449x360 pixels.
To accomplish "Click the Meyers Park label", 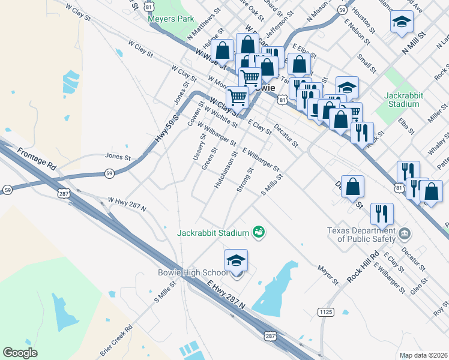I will click(171, 19).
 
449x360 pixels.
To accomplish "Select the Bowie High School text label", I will click(193, 273).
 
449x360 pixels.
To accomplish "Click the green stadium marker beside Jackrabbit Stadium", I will click(259, 232).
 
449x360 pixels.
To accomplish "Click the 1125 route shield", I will click(325, 312).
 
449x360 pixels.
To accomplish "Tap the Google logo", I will click(20, 353).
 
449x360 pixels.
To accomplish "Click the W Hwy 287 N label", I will click(127, 203).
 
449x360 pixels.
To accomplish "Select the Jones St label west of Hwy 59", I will click(118, 157).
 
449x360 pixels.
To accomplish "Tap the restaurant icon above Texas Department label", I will click(382, 213).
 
